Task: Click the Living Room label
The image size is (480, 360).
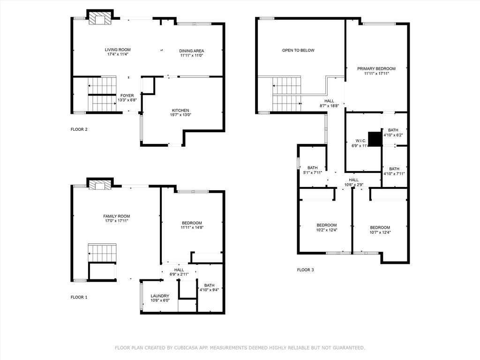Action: [x=118, y=50]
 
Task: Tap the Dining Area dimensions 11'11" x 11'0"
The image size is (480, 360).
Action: [x=191, y=56]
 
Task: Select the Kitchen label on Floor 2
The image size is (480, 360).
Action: [x=180, y=111]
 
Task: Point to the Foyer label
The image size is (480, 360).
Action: [x=127, y=96]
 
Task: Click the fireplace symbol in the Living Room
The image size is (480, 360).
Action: [x=100, y=18]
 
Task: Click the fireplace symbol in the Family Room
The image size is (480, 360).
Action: [x=100, y=186]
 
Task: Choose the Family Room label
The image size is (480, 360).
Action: [x=117, y=217]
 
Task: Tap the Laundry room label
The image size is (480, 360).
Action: [x=160, y=296]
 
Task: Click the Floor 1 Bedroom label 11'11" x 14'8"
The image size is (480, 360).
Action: [x=192, y=223]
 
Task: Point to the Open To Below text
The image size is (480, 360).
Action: [x=298, y=50]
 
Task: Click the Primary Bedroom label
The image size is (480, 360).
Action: [x=376, y=69]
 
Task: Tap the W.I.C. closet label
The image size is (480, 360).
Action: [x=361, y=141]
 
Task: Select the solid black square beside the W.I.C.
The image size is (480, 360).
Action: [x=375, y=139]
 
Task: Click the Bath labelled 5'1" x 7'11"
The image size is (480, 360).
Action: [x=312, y=168]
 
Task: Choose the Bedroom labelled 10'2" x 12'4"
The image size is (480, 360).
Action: [x=326, y=225]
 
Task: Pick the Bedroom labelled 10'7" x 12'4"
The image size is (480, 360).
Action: [x=380, y=228]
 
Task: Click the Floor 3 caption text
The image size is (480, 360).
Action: [x=306, y=270]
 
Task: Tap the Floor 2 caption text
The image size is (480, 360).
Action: [x=79, y=129]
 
